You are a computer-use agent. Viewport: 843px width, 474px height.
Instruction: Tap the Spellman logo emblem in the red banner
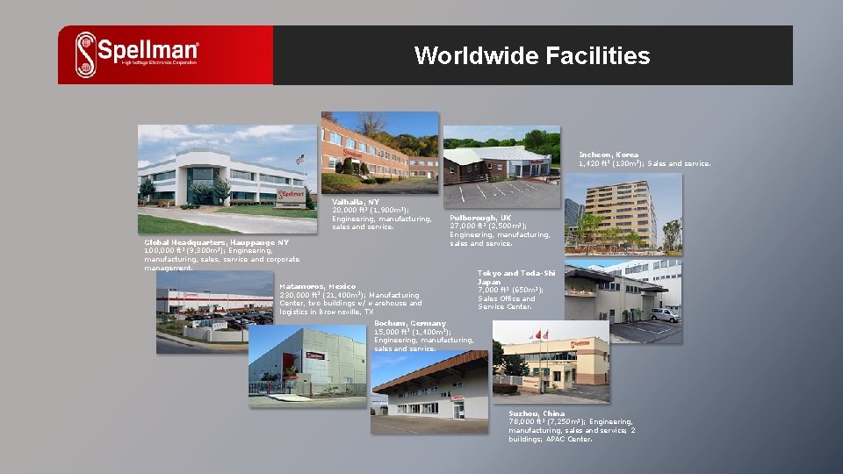(x=86, y=54)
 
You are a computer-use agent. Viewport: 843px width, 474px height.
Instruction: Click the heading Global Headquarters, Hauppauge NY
(x=216, y=242)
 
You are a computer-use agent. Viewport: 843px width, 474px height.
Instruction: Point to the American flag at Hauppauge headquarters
(x=300, y=160)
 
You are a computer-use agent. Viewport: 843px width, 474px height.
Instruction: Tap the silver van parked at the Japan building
(x=665, y=314)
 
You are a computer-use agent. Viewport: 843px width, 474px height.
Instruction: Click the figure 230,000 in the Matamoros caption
(x=297, y=295)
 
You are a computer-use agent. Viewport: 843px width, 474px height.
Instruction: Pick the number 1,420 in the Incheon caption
(x=590, y=163)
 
